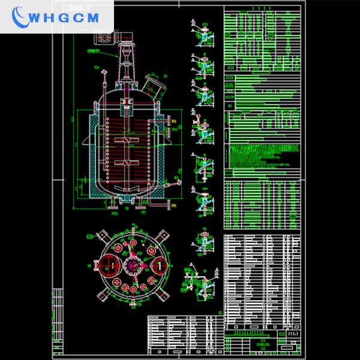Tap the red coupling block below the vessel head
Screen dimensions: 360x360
coord(128,108)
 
